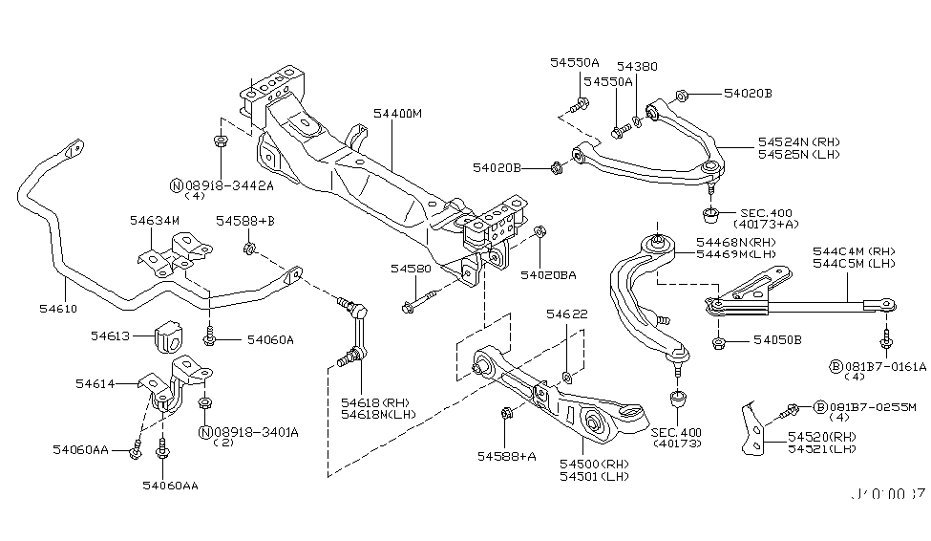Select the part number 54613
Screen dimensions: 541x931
pyautogui.click(x=111, y=335)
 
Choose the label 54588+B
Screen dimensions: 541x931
pyautogui.click(x=244, y=221)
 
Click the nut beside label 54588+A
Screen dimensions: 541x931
pyautogui.click(x=506, y=414)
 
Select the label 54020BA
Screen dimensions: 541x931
pyautogui.click(x=548, y=274)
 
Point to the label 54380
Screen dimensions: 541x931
pyautogui.click(x=637, y=67)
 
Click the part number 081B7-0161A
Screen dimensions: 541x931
pyautogui.click(x=883, y=366)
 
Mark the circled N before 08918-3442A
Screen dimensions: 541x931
pyautogui.click(x=176, y=184)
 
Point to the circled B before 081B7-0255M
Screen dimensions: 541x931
pyautogui.click(x=819, y=407)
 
